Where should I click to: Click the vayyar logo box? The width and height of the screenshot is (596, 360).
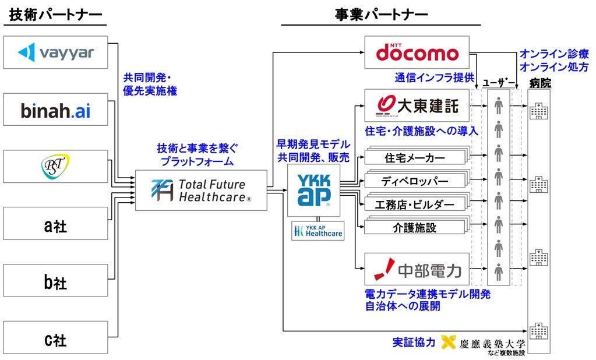click(x=55, y=52)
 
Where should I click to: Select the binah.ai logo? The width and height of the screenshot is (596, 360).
click(x=55, y=110)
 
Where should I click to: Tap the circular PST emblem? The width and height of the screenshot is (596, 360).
click(x=55, y=167)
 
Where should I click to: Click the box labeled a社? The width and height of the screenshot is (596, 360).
click(x=55, y=224)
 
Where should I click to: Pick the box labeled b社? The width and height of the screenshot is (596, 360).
click(x=55, y=281)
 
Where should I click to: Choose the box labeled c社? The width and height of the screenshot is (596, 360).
click(x=55, y=338)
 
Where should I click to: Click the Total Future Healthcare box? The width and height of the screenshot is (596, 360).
click(x=201, y=190)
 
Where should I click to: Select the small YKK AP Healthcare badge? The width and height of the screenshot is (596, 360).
click(x=318, y=231)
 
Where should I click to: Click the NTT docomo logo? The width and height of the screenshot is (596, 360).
click(x=417, y=52)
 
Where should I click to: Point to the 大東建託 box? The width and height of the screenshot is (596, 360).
click(x=417, y=105)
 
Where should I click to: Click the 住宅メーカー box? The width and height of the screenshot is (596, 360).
click(x=414, y=158)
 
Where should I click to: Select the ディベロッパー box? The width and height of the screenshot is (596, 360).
click(x=414, y=181)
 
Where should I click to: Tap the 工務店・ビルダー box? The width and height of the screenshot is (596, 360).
click(x=414, y=204)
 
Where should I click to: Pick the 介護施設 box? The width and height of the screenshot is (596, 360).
click(x=414, y=227)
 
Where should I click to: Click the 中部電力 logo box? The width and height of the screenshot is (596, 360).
click(x=417, y=269)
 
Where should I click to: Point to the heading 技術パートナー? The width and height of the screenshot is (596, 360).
click(x=56, y=15)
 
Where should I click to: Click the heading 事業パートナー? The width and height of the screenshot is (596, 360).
click(x=382, y=15)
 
